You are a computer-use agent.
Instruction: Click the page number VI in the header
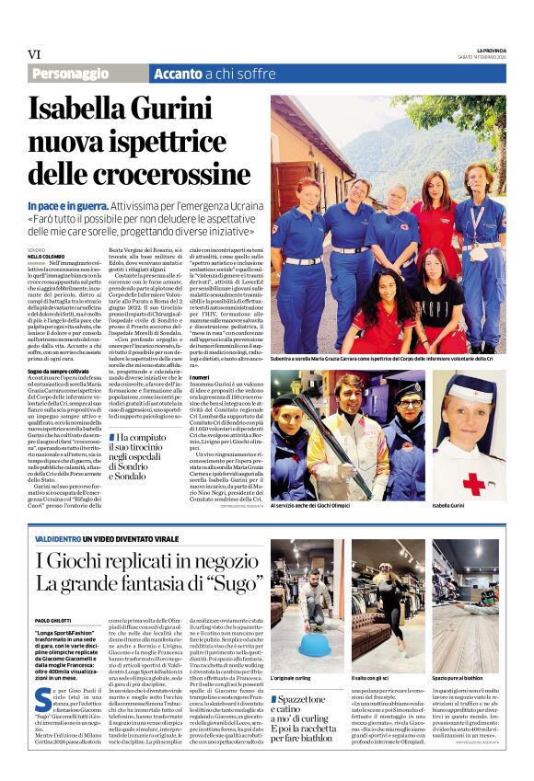(x=34, y=53)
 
